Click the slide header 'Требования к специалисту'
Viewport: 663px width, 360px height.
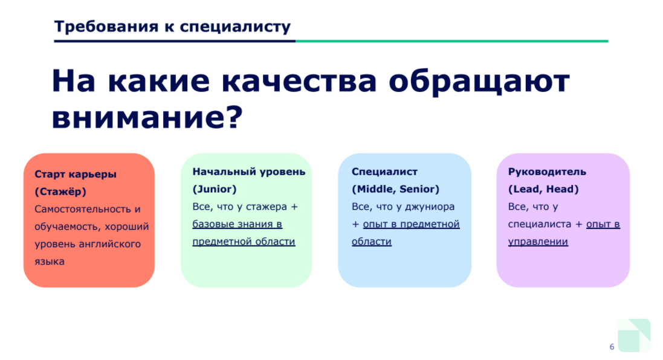pyautogui.click(x=172, y=27)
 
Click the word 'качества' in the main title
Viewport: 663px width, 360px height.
pyautogui.click(x=299, y=81)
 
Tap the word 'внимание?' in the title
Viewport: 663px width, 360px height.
pyautogui.click(x=147, y=117)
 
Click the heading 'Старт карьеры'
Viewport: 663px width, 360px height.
pyautogui.click(x=76, y=174)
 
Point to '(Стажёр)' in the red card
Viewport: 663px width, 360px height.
pyautogui.click(x=60, y=191)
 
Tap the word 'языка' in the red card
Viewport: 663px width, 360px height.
pyautogui.click(x=50, y=262)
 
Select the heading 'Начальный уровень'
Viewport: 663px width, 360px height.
pyautogui.click(x=248, y=172)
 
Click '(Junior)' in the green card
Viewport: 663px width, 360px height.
pyautogui.click(x=215, y=189)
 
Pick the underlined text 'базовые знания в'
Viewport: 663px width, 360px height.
pyautogui.click(x=237, y=224)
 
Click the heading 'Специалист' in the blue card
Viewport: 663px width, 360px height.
pyautogui.click(x=384, y=172)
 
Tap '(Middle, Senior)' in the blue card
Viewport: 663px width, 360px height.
pyautogui.click(x=395, y=189)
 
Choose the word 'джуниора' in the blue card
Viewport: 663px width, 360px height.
pyautogui.click(x=430, y=207)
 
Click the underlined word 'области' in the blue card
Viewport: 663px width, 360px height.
pyautogui.click(x=372, y=241)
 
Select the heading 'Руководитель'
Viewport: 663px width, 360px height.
pyautogui.click(x=547, y=172)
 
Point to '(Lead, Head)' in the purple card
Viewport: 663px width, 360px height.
pyautogui.click(x=543, y=189)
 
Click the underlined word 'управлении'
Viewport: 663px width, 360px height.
pyautogui.click(x=538, y=242)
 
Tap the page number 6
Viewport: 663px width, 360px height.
pyautogui.click(x=612, y=347)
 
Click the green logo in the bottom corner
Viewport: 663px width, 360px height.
pyautogui.click(x=634, y=335)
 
